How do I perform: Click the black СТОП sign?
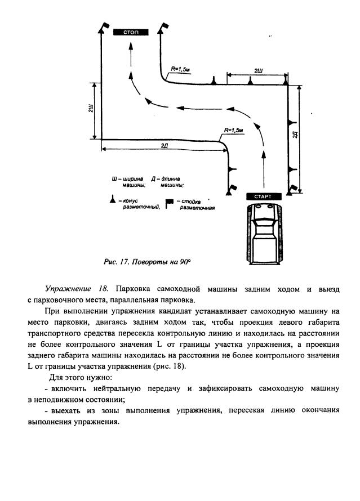tap(131, 32)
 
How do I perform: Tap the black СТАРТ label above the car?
tap(263, 196)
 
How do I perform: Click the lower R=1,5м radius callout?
tap(233, 131)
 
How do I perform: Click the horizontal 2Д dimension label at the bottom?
tap(163, 146)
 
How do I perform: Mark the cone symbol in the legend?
tap(113, 199)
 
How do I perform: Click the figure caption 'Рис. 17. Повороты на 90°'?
tap(148, 262)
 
